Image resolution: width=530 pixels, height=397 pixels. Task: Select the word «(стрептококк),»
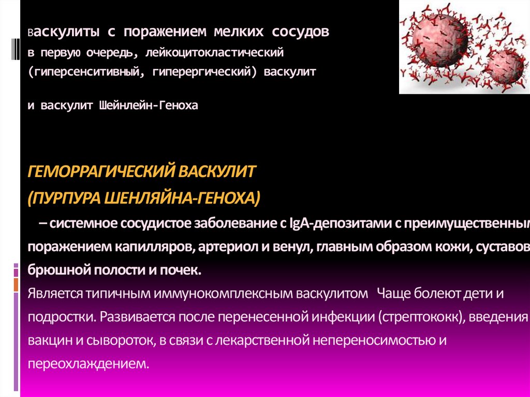421,317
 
